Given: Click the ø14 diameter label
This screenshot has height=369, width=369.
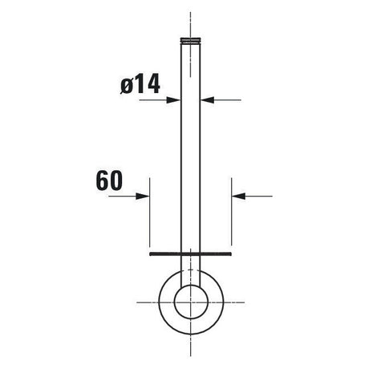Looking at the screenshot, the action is (140, 84).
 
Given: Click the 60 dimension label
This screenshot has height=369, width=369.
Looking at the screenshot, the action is (109, 180).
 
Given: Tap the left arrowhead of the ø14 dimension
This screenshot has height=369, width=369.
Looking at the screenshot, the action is (173, 100).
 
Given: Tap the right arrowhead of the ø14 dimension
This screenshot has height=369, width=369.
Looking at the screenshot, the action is (207, 100).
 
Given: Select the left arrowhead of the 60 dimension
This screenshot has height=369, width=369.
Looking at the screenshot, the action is (142, 196).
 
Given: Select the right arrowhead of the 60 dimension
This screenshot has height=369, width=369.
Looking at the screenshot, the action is (238, 196).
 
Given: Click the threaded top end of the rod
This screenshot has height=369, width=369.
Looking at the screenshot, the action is (190, 41).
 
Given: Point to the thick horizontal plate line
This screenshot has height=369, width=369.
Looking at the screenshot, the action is (190, 253).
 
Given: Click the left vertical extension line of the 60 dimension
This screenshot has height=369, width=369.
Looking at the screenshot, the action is (149, 212).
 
